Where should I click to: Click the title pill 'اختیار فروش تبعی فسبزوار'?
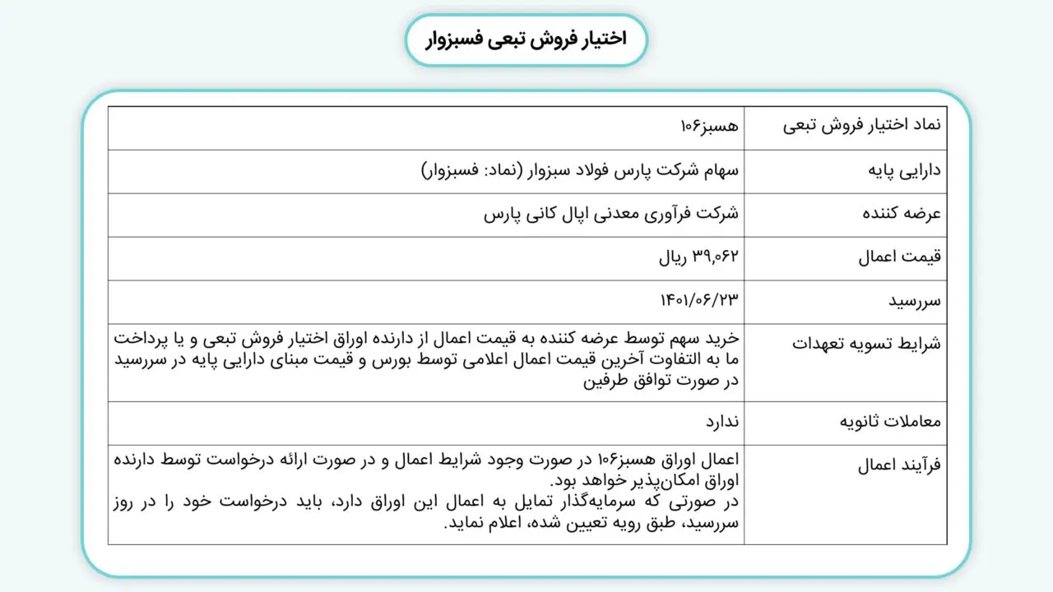pos(526,39)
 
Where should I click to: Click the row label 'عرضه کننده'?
pos(902,215)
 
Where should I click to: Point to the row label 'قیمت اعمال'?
pos(900,258)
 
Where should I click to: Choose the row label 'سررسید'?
pos(914,302)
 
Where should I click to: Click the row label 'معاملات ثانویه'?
pos(890,423)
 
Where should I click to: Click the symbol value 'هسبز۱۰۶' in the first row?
pos(710,127)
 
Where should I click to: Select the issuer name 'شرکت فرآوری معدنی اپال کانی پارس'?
pos(611,215)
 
